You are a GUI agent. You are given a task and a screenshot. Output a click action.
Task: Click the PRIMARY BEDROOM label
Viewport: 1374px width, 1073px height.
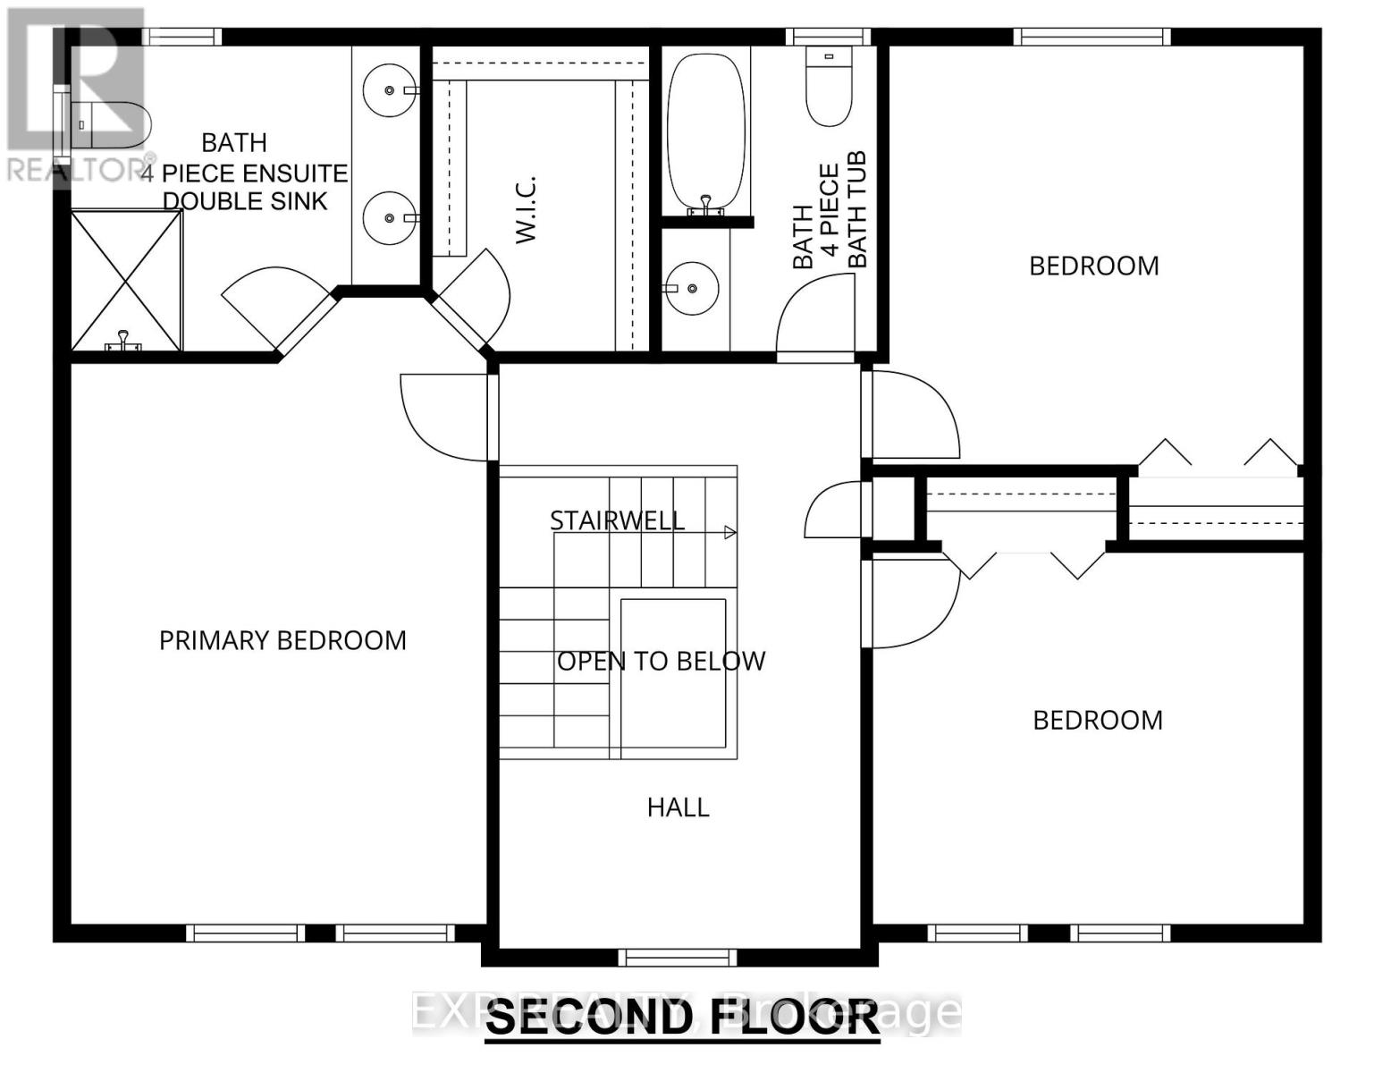(282, 640)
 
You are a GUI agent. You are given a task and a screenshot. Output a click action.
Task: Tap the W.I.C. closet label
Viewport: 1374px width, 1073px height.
(526, 209)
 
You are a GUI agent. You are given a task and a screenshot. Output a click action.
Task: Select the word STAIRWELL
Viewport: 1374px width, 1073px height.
(617, 520)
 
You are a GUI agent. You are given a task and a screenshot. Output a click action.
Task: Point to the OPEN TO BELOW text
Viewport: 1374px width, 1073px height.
(661, 661)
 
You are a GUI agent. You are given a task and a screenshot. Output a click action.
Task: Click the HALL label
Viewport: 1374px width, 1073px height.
(678, 807)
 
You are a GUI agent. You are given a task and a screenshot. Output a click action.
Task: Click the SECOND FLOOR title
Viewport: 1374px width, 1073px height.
(683, 1018)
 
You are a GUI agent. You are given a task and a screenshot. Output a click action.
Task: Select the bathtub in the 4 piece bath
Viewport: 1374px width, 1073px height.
(705, 129)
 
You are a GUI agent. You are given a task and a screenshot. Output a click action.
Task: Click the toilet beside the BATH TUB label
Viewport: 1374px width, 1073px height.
(829, 86)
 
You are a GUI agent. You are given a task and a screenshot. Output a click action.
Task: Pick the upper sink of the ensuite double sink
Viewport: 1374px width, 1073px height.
(391, 89)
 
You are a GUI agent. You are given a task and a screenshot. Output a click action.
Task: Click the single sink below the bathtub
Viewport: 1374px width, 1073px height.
(692, 288)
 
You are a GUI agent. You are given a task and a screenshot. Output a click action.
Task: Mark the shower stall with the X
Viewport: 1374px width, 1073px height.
(125, 280)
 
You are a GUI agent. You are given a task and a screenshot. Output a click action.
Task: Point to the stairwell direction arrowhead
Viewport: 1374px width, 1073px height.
(729, 533)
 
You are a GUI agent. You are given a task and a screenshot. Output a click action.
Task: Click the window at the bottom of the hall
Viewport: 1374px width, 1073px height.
(678, 958)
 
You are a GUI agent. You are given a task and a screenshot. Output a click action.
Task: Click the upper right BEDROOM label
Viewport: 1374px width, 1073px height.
(1093, 266)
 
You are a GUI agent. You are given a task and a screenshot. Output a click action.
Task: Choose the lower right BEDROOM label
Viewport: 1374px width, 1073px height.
(1097, 720)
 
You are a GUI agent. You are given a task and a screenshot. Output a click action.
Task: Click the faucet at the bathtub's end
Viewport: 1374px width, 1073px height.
(705, 205)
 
